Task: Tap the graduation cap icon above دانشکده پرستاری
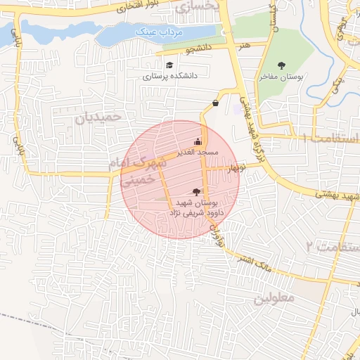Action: click(169, 65)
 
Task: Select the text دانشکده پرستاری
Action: click(171, 76)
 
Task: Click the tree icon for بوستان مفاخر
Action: click(282, 65)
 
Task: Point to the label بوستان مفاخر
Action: click(281, 77)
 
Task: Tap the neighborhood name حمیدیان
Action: click(98, 117)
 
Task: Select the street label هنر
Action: click(245, 44)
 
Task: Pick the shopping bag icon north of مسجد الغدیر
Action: click(214, 103)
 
